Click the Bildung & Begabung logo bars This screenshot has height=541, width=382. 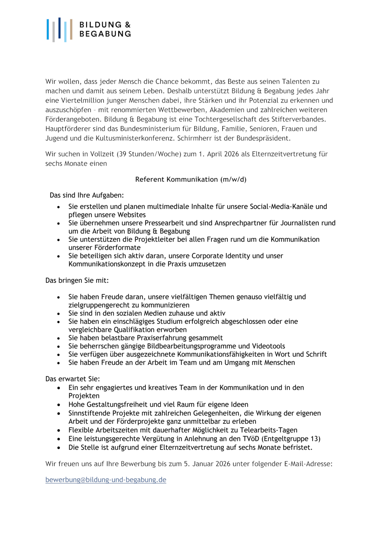point(59,30)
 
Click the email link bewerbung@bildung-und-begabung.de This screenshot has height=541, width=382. point(106,480)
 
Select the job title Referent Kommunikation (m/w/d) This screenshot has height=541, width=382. point(191,179)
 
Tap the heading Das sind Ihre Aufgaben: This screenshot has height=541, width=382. point(87,195)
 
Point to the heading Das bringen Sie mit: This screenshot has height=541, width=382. point(77,280)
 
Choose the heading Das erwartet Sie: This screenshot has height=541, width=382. point(72,379)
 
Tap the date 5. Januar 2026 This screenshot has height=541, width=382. point(207,464)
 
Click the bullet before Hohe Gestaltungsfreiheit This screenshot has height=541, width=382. point(59,405)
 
